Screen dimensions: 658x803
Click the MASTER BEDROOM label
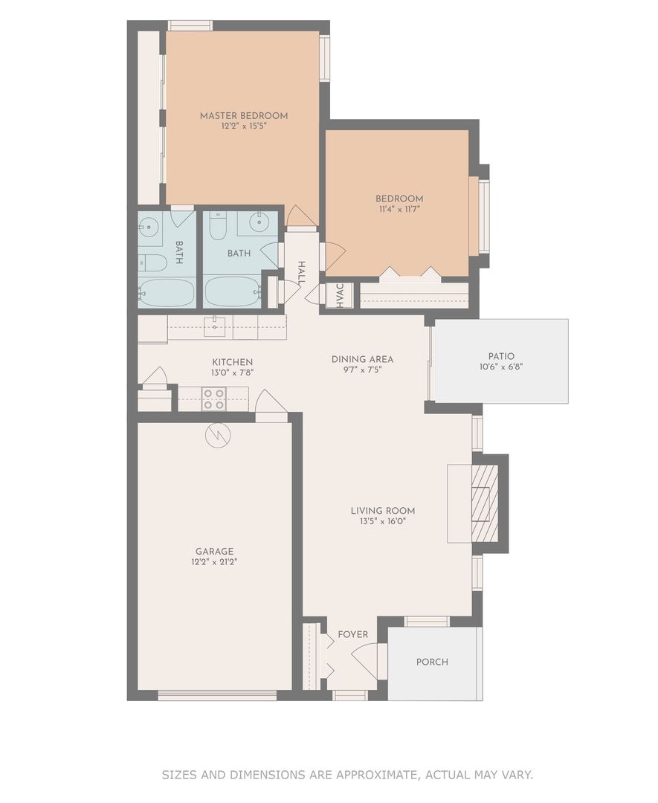coord(244,116)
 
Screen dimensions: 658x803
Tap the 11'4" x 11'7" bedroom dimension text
coord(399,209)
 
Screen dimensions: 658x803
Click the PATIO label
coord(501,356)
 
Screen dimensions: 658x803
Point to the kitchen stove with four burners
coord(214,399)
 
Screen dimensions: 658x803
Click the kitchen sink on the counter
coord(215,326)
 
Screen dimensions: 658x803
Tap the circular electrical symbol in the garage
coord(218,436)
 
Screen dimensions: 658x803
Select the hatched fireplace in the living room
coord(484,503)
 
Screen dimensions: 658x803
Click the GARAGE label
coord(215,552)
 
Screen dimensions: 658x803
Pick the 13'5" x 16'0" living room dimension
coord(383,521)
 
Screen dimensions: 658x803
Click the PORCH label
coord(432,662)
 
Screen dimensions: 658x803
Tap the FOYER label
coord(353,634)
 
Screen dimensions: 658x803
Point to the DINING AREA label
coord(363,360)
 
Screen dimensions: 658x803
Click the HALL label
coord(301,273)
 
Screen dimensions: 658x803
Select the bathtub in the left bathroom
coord(167,293)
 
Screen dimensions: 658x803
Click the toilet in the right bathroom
coord(218,225)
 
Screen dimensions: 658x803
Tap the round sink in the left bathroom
coord(149,225)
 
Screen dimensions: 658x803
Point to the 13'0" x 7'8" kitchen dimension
coord(233,373)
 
